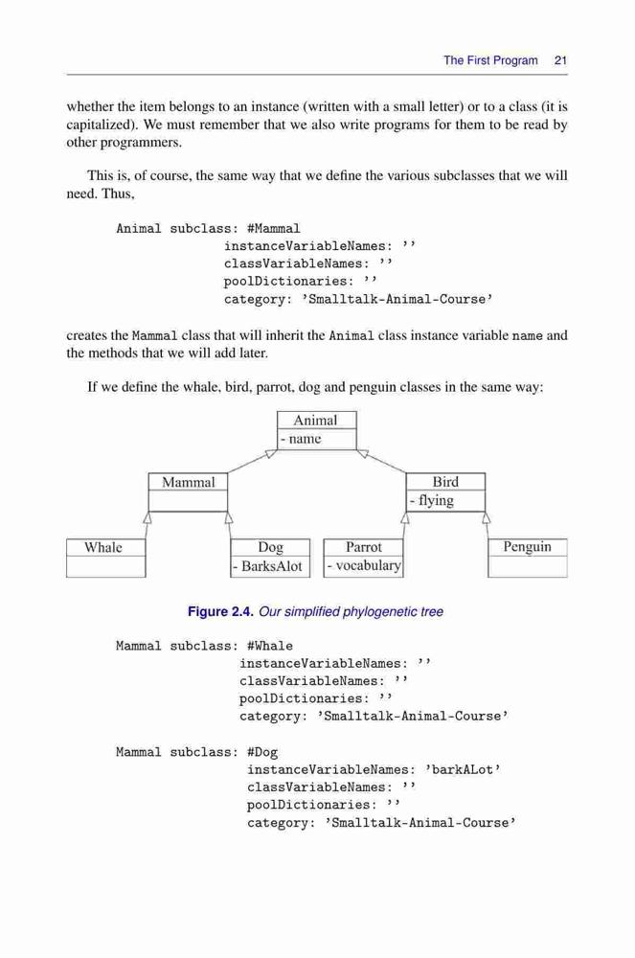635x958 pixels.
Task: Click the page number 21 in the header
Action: pos(560,60)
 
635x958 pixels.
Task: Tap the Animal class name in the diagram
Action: pos(315,421)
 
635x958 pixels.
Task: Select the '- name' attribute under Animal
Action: pos(301,439)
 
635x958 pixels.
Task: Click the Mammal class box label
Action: pos(188,482)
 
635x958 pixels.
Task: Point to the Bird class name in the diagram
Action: pos(445,482)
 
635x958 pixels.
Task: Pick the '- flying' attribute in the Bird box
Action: pos(432,501)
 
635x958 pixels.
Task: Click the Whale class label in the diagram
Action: pos(103,547)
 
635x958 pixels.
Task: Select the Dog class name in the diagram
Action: pos(270,547)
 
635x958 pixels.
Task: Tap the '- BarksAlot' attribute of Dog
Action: pos(267,566)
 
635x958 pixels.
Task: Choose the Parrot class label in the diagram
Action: pos(363,547)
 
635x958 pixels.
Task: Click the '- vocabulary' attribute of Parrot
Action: pos(364,566)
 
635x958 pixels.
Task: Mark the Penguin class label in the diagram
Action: pos(527,547)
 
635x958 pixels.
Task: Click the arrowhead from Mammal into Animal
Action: pos(271,453)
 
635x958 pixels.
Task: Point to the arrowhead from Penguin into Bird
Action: pos(486,517)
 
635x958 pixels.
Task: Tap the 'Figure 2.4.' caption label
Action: pos(220,611)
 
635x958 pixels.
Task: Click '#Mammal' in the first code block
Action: pos(274,229)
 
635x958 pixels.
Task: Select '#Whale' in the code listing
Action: pos(270,647)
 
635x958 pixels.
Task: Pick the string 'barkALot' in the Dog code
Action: pos(463,770)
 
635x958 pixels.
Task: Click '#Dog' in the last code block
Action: pos(262,753)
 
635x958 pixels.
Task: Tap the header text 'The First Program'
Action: pos(491,60)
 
